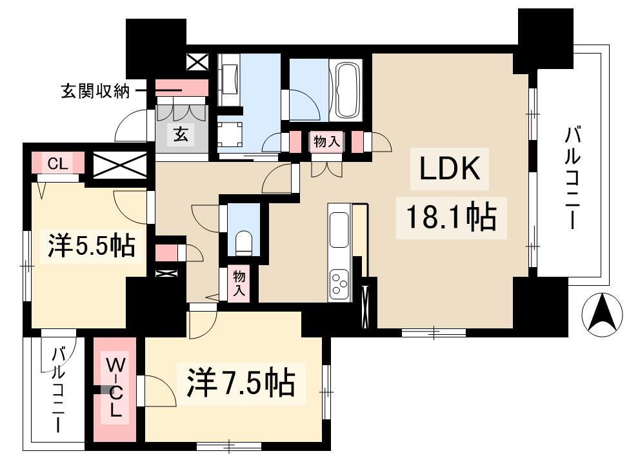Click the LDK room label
click(450, 168)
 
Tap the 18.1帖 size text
click(452, 218)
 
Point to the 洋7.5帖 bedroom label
click(241, 383)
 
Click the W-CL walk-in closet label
click(115, 388)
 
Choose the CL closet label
click(58, 164)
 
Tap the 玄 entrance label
click(181, 134)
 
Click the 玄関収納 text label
click(95, 92)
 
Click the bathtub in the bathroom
click(345, 89)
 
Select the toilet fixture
click(243, 242)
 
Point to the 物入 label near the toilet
click(239, 283)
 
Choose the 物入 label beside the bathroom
click(327, 141)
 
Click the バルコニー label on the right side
click(572, 177)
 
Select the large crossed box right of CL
click(120, 165)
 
